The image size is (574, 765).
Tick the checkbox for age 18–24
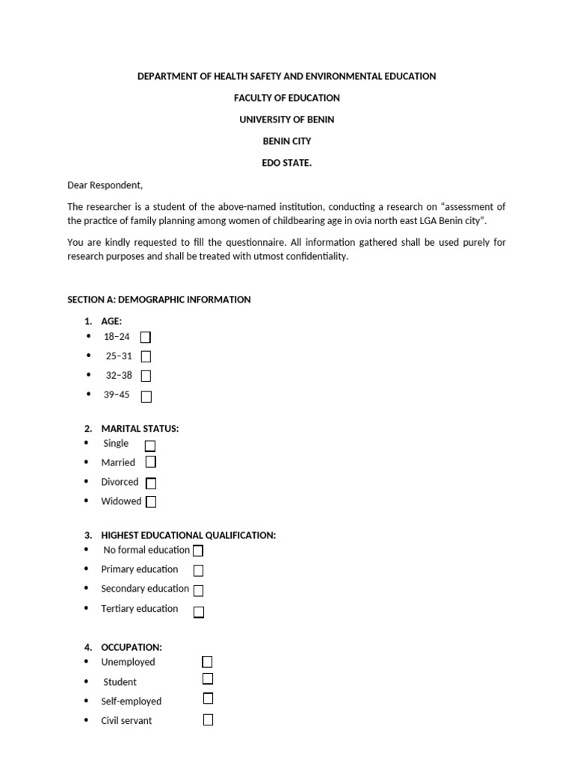(146, 338)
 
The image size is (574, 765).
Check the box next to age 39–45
(146, 397)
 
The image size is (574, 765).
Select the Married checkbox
(151, 462)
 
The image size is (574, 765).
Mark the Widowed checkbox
(151, 502)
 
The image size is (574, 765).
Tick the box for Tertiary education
(199, 613)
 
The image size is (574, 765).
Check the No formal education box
(198, 551)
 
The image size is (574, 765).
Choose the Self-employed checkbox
(208, 699)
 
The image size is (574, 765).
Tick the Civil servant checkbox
(208, 720)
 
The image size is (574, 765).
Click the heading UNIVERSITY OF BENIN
(286, 120)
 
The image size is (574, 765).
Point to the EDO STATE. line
(286, 163)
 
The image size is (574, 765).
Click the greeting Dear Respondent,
(105, 185)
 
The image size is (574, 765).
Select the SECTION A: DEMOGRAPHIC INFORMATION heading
(159, 300)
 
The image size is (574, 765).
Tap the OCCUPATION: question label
(131, 648)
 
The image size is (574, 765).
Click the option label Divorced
(120, 483)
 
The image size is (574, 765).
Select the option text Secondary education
(145, 589)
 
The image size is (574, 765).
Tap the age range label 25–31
(119, 356)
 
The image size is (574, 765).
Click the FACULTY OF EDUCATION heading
(286, 98)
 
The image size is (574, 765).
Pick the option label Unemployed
(128, 662)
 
